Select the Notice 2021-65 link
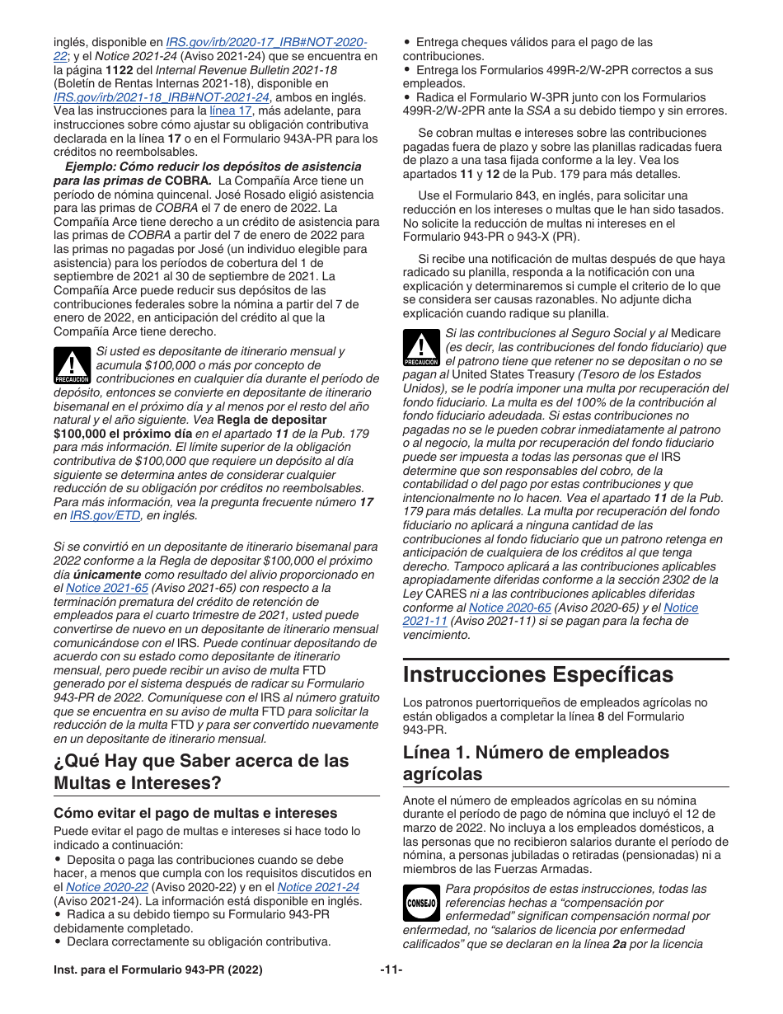pos(96,588)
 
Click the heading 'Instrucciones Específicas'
pos(537,674)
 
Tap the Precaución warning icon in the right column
pos(420,348)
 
